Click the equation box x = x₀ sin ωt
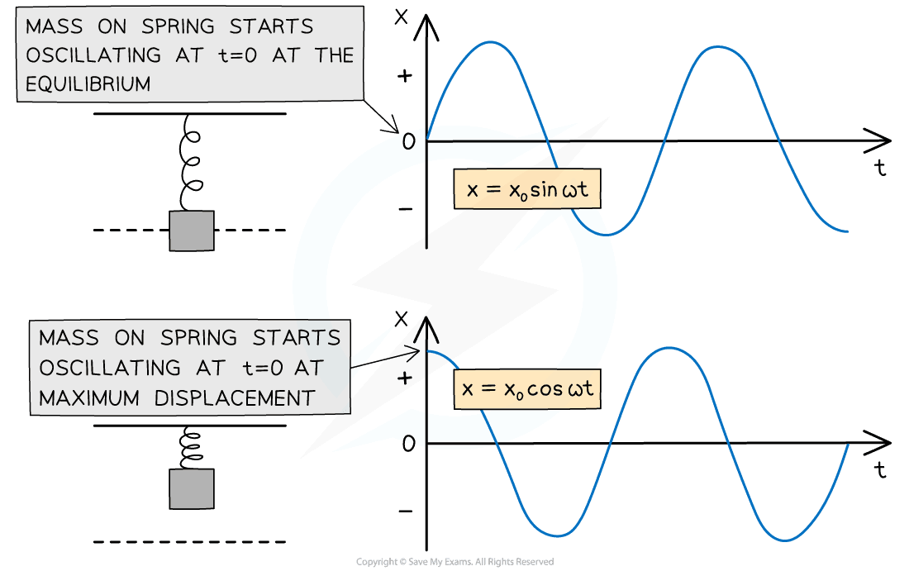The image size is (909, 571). pyautogui.click(x=526, y=190)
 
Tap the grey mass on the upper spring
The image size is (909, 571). pyautogui.click(x=192, y=231)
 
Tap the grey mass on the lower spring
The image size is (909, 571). pyautogui.click(x=192, y=489)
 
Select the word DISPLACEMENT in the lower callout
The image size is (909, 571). pyautogui.click(x=236, y=397)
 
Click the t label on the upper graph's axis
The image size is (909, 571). pyautogui.click(x=881, y=169)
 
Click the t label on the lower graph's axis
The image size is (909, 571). pyautogui.click(x=881, y=470)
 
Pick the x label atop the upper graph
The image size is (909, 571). pyautogui.click(x=402, y=17)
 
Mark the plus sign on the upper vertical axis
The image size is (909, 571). pyautogui.click(x=404, y=77)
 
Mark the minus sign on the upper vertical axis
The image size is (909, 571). pyautogui.click(x=404, y=208)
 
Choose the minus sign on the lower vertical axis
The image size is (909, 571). pyautogui.click(x=404, y=511)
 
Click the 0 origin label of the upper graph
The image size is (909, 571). pyautogui.click(x=407, y=141)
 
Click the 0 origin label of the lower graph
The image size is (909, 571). pyautogui.click(x=407, y=445)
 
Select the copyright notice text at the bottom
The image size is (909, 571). pyautogui.click(x=454, y=562)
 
